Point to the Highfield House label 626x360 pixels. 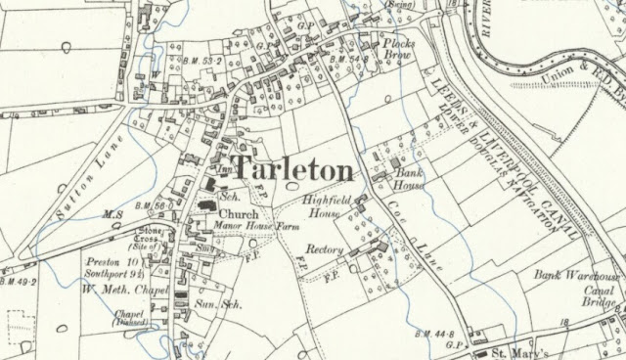pos(326,203)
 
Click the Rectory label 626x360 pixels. pos(323,250)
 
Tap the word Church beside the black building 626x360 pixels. pos(238,216)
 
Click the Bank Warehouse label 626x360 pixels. pos(573,277)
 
